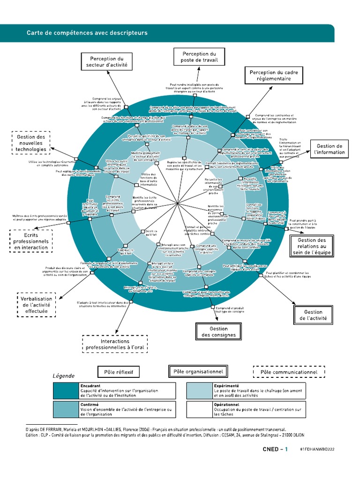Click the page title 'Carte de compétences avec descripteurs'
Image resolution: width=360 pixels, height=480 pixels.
(87, 33)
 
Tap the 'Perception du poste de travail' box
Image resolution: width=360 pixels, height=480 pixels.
(199, 57)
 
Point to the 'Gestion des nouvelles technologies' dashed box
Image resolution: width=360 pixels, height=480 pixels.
(31, 143)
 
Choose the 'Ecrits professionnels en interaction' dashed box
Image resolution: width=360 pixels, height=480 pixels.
(31, 240)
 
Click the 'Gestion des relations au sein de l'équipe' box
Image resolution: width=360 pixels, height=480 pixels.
(315, 246)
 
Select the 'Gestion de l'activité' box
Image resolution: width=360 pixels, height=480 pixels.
(313, 315)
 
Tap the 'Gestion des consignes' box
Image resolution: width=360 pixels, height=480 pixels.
(218, 332)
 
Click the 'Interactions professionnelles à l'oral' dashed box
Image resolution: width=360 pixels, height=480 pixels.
(115, 345)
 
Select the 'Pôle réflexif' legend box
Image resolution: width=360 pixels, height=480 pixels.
(119, 372)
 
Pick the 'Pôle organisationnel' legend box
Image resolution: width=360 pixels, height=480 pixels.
(198, 372)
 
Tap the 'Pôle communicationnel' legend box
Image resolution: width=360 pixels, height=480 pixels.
(288, 372)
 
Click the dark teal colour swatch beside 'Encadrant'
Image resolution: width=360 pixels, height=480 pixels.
(65, 390)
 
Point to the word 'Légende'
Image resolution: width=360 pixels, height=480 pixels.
(63, 375)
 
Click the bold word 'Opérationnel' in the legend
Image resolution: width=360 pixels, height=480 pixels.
(226, 405)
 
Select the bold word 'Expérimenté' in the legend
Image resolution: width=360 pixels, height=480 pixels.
(226, 385)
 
